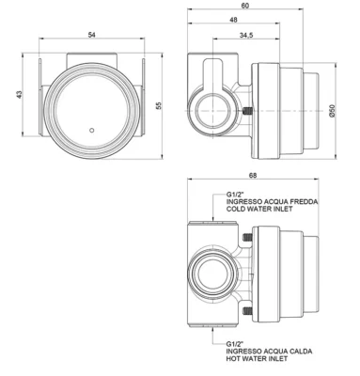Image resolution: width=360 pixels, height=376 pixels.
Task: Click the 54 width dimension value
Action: [x=91, y=35]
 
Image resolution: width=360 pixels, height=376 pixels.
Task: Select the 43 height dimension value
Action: [x=20, y=95]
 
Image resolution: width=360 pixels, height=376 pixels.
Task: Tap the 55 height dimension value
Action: [x=158, y=105]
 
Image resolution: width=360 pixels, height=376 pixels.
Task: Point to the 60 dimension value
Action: [x=245, y=6]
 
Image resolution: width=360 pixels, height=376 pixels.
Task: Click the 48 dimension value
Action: [x=233, y=20]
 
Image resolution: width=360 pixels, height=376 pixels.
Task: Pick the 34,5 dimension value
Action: [x=246, y=36]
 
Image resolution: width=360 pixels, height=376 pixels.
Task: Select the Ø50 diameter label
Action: [x=332, y=111]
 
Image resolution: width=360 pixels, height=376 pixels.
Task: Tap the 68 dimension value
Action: [x=253, y=176]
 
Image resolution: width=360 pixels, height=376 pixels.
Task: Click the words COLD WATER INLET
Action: [x=259, y=209]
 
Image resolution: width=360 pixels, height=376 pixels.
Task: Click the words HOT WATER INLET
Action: [x=257, y=358]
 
